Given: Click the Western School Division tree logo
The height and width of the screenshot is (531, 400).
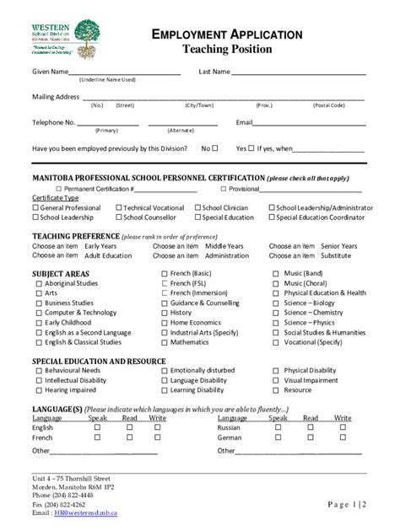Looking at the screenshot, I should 87,32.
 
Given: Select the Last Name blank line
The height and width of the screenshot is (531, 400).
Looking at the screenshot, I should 299,73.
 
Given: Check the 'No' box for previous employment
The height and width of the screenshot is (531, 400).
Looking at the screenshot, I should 215,148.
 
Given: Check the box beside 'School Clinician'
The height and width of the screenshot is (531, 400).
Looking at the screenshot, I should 197,207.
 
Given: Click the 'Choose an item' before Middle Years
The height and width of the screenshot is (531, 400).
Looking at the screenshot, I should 176,246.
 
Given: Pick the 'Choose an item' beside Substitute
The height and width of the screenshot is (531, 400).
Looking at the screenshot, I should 292,255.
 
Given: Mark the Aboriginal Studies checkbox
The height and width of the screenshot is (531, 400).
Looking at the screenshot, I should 39,284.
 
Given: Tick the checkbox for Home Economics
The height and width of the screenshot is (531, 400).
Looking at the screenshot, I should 165,323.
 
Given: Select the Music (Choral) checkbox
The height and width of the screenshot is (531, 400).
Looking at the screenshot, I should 276,284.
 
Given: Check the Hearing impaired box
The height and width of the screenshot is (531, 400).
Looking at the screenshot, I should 39,390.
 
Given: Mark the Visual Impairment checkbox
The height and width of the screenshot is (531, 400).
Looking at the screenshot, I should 276,380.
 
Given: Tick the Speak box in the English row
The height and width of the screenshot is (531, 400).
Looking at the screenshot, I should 97,427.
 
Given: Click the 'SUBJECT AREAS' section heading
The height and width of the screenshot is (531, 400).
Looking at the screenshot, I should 61,274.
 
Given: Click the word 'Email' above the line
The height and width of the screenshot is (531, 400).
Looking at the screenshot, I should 245,123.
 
